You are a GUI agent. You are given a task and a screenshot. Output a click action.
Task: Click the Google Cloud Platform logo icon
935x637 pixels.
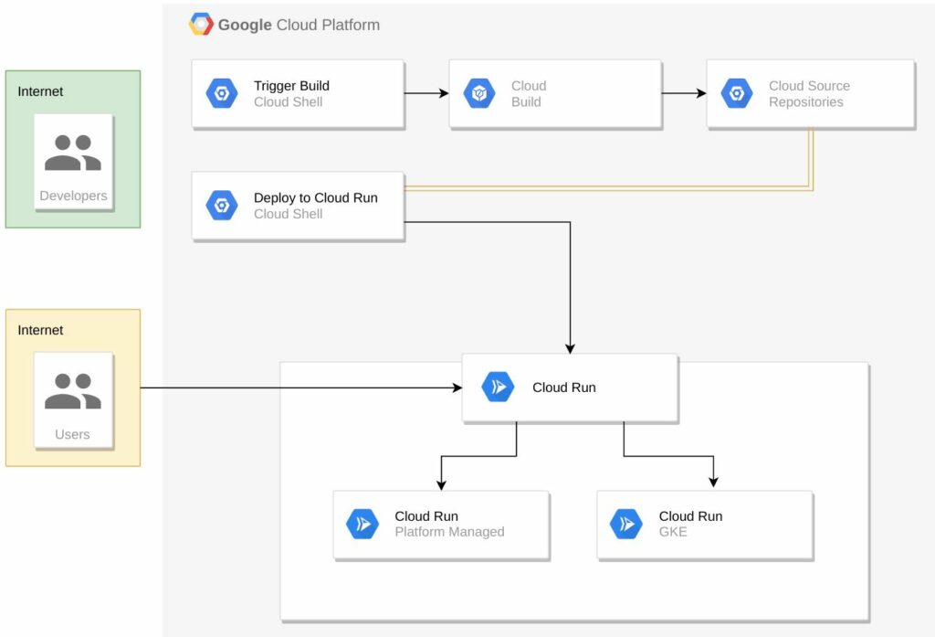pyautogui.click(x=201, y=25)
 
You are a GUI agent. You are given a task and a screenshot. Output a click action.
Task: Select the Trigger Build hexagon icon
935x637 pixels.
pyautogui.click(x=222, y=94)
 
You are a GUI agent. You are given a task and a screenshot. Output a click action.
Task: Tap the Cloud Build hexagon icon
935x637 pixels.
pyautogui.click(x=479, y=94)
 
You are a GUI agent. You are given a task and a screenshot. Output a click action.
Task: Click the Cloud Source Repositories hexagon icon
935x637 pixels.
pyautogui.click(x=737, y=94)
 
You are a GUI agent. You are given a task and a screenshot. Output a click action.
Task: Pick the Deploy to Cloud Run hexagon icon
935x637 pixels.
pyautogui.click(x=222, y=206)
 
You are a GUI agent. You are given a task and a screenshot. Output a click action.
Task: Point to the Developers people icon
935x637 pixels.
pyautogui.click(x=73, y=153)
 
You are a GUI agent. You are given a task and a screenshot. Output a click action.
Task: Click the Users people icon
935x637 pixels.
pyautogui.click(x=73, y=391)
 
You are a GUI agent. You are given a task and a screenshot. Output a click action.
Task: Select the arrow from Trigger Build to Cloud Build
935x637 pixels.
pyautogui.click(x=426, y=93)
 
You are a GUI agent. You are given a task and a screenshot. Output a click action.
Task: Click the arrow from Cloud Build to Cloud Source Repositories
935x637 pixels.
pyautogui.click(x=684, y=93)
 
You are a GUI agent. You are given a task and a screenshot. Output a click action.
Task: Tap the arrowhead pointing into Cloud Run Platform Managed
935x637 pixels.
pyautogui.click(x=441, y=484)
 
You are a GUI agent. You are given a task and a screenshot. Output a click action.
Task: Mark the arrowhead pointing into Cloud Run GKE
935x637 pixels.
pyautogui.click(x=713, y=483)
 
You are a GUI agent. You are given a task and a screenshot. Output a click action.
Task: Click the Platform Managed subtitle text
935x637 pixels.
pyautogui.click(x=449, y=532)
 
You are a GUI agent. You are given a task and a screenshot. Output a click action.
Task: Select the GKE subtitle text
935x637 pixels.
pyautogui.click(x=673, y=532)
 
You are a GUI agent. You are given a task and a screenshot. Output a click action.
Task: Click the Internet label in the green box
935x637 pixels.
pyautogui.click(x=40, y=91)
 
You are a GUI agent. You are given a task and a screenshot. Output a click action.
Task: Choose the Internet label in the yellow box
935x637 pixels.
pyautogui.click(x=40, y=330)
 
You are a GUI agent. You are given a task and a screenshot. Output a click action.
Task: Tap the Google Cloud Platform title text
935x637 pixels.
pyautogui.click(x=299, y=25)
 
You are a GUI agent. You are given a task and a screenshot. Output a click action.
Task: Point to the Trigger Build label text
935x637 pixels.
pyautogui.click(x=291, y=86)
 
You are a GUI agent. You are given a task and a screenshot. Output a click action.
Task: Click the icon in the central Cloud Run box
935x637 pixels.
pyautogui.click(x=498, y=387)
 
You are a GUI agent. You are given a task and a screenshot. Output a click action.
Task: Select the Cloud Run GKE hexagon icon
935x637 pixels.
pyautogui.click(x=626, y=524)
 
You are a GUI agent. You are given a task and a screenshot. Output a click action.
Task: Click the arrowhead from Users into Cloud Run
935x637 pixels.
pyautogui.click(x=457, y=388)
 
